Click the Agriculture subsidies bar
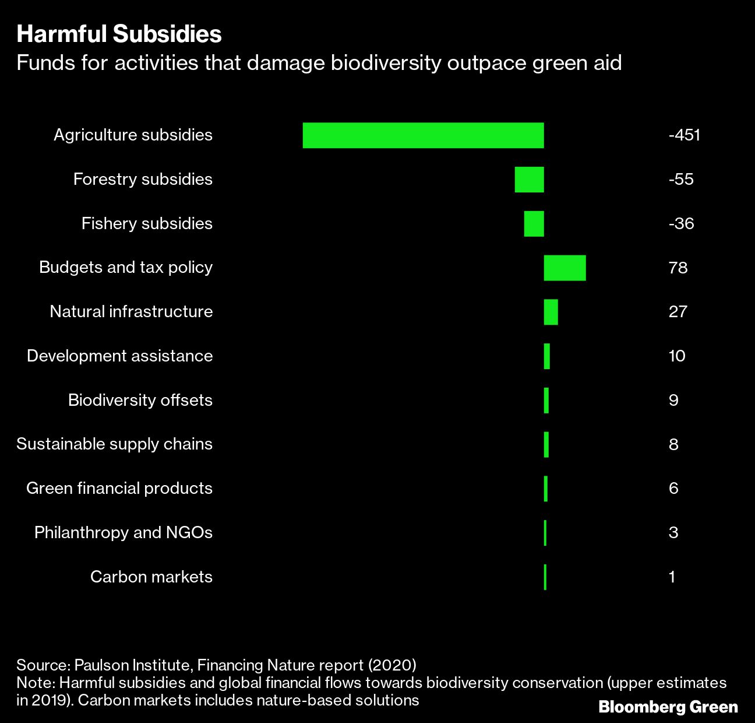click(423, 135)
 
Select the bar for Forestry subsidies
click(529, 180)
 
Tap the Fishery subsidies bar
click(534, 224)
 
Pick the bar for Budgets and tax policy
click(565, 268)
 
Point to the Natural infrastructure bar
click(551, 312)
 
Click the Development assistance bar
click(546, 356)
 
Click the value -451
click(684, 135)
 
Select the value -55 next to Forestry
click(681, 179)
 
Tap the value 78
click(678, 268)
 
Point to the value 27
click(678, 311)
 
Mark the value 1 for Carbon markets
click(672, 577)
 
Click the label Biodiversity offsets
click(140, 400)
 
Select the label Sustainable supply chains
click(114, 444)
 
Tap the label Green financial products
click(119, 488)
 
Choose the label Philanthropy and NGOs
click(123, 532)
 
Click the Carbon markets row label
click(151, 577)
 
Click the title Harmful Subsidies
click(119, 34)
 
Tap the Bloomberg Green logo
click(668, 707)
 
